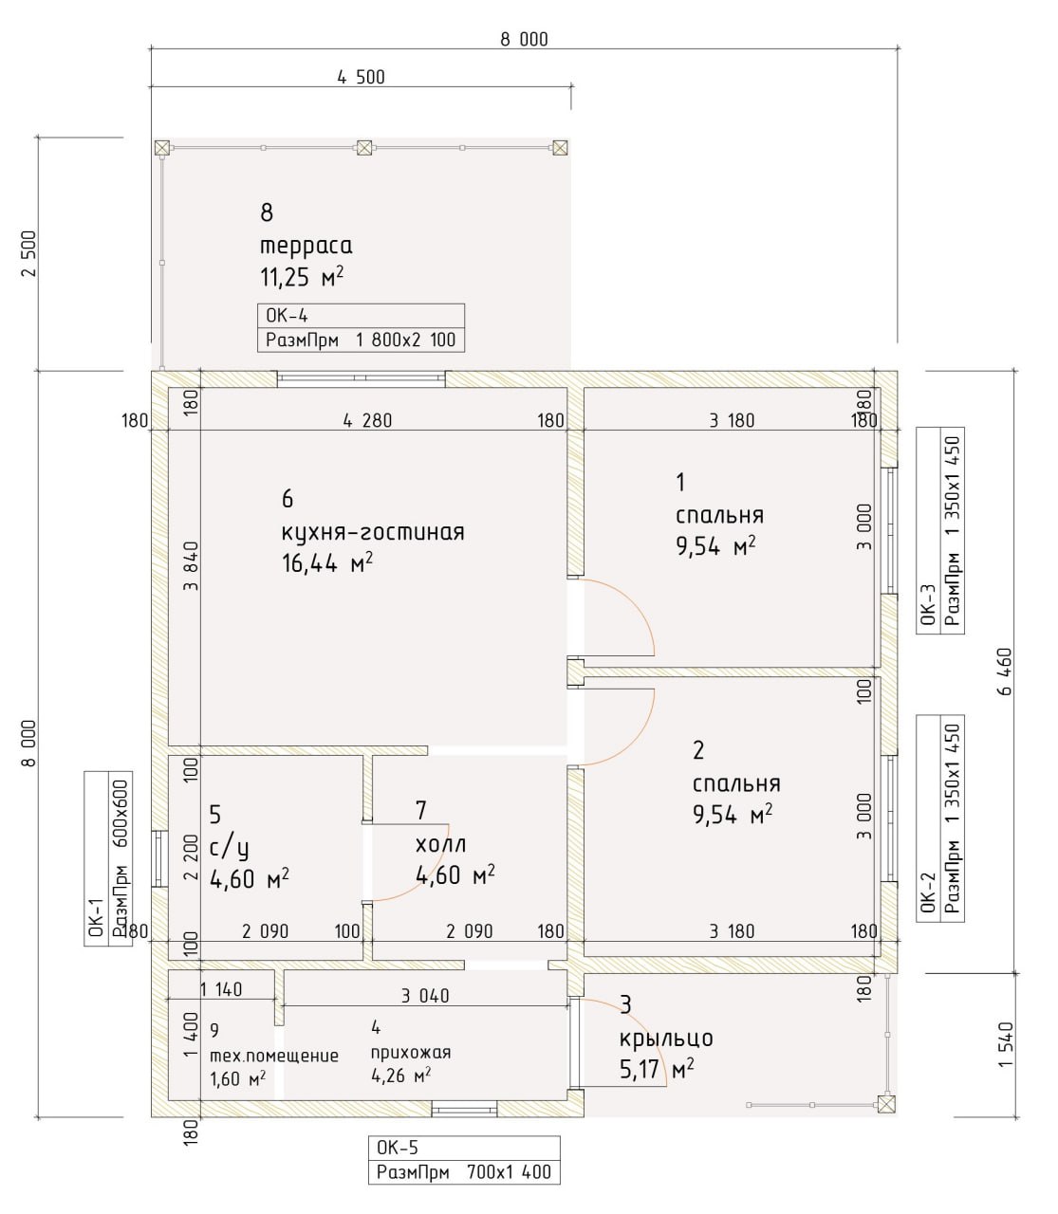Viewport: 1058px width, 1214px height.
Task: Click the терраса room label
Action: pos(306,246)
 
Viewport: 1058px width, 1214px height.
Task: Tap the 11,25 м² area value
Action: pos(302,277)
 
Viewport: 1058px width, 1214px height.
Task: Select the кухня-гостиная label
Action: pos(373,532)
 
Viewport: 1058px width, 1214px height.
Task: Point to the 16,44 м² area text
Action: pos(327,562)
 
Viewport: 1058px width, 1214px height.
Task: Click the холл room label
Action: pos(441,844)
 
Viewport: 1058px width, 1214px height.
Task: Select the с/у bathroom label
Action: pos(229,848)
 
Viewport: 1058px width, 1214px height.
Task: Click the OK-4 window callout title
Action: pos(287,315)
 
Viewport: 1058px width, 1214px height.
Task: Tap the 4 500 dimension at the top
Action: pos(362,77)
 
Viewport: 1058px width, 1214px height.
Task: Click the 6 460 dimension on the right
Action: pos(1005,672)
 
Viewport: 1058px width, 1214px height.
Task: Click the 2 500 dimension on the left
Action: pos(29,253)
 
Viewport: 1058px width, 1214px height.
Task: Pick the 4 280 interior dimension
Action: pos(368,421)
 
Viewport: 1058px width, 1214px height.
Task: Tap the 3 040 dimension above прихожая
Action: pos(425,996)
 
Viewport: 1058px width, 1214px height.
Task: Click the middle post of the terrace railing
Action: pos(364,148)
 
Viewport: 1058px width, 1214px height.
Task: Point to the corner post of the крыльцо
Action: pos(886,1104)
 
